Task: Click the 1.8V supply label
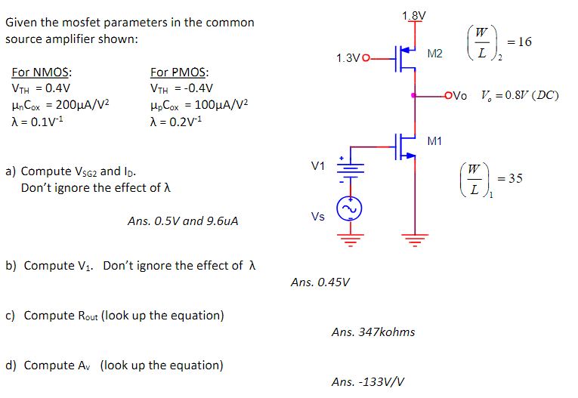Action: pyautogui.click(x=413, y=16)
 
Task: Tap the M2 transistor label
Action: pyautogui.click(x=435, y=53)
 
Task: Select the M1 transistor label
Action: pyautogui.click(x=435, y=141)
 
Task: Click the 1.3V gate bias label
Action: pyautogui.click(x=350, y=57)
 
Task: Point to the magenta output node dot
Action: pyautogui.click(x=413, y=95)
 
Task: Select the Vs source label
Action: pyautogui.click(x=318, y=217)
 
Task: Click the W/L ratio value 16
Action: pyautogui.click(x=524, y=42)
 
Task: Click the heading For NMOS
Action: pyautogui.click(x=42, y=73)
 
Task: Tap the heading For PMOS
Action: pyautogui.click(x=181, y=73)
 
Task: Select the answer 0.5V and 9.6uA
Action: pyautogui.click(x=183, y=221)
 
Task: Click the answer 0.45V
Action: pyautogui.click(x=320, y=282)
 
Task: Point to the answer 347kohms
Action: pyautogui.click(x=373, y=332)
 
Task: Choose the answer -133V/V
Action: pyautogui.click(x=368, y=382)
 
